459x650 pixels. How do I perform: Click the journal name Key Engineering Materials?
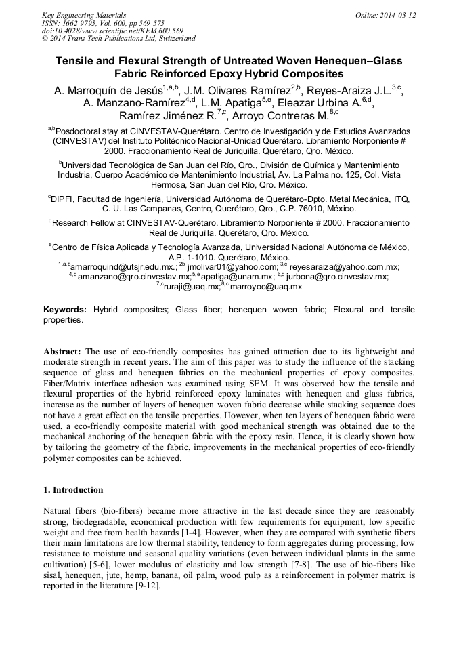[x=84, y=15]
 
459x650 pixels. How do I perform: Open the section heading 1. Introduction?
[x=73, y=490]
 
